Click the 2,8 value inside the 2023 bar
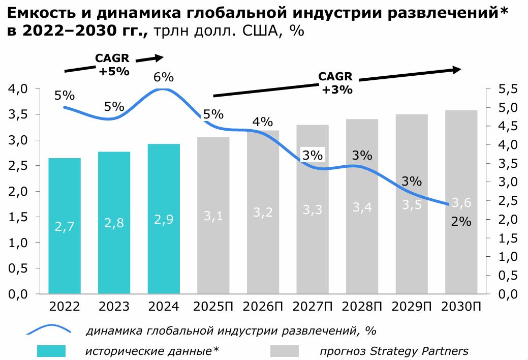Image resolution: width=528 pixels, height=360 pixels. click(x=114, y=223)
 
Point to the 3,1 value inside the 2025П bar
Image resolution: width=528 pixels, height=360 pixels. click(x=213, y=216)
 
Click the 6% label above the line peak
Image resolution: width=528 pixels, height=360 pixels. click(x=164, y=77)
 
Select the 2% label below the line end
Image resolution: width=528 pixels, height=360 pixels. click(x=461, y=222)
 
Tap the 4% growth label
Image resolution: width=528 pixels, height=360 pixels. click(x=263, y=122)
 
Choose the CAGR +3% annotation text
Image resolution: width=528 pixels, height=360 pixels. click(x=335, y=83)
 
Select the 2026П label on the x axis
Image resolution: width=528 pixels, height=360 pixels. click(x=263, y=307)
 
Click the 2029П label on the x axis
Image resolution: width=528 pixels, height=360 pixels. click(x=412, y=307)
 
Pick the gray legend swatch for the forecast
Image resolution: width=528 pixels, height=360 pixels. click(x=284, y=351)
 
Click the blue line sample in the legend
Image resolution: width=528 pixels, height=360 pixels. click(x=51, y=331)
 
